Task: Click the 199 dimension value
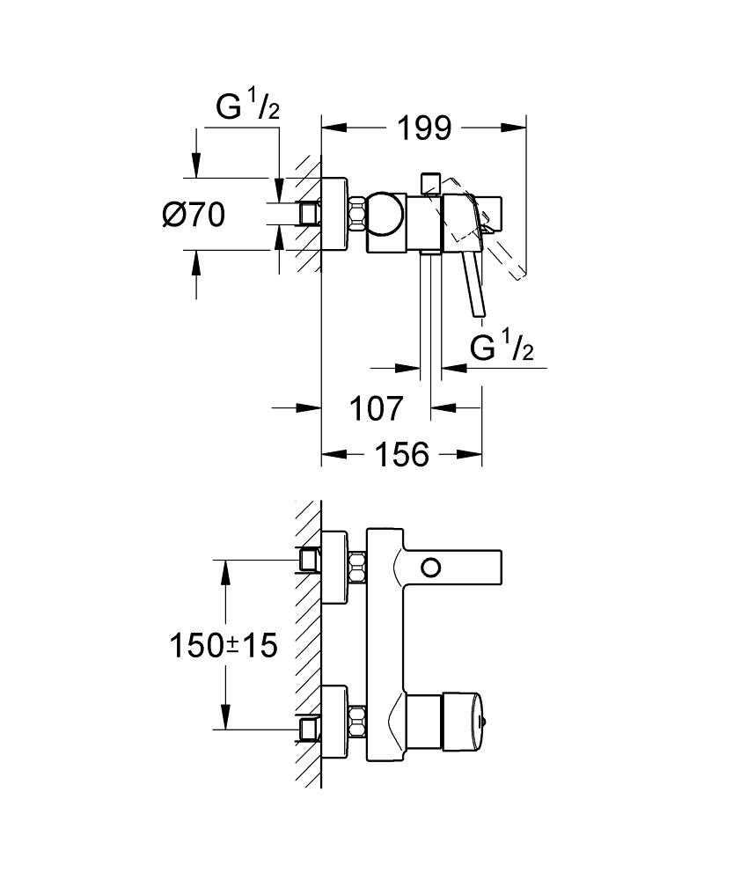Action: click(422, 128)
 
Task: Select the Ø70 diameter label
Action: click(194, 214)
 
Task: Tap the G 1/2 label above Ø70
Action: click(247, 108)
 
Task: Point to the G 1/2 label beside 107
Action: click(502, 347)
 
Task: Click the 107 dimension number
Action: click(377, 408)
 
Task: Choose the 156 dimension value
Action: click(402, 455)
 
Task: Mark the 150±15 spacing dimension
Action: click(224, 646)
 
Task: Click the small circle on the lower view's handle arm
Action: click(431, 565)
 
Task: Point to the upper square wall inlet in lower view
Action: click(309, 560)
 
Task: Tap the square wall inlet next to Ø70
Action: click(308, 213)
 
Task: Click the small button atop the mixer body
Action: click(430, 182)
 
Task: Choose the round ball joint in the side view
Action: click(385, 213)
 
